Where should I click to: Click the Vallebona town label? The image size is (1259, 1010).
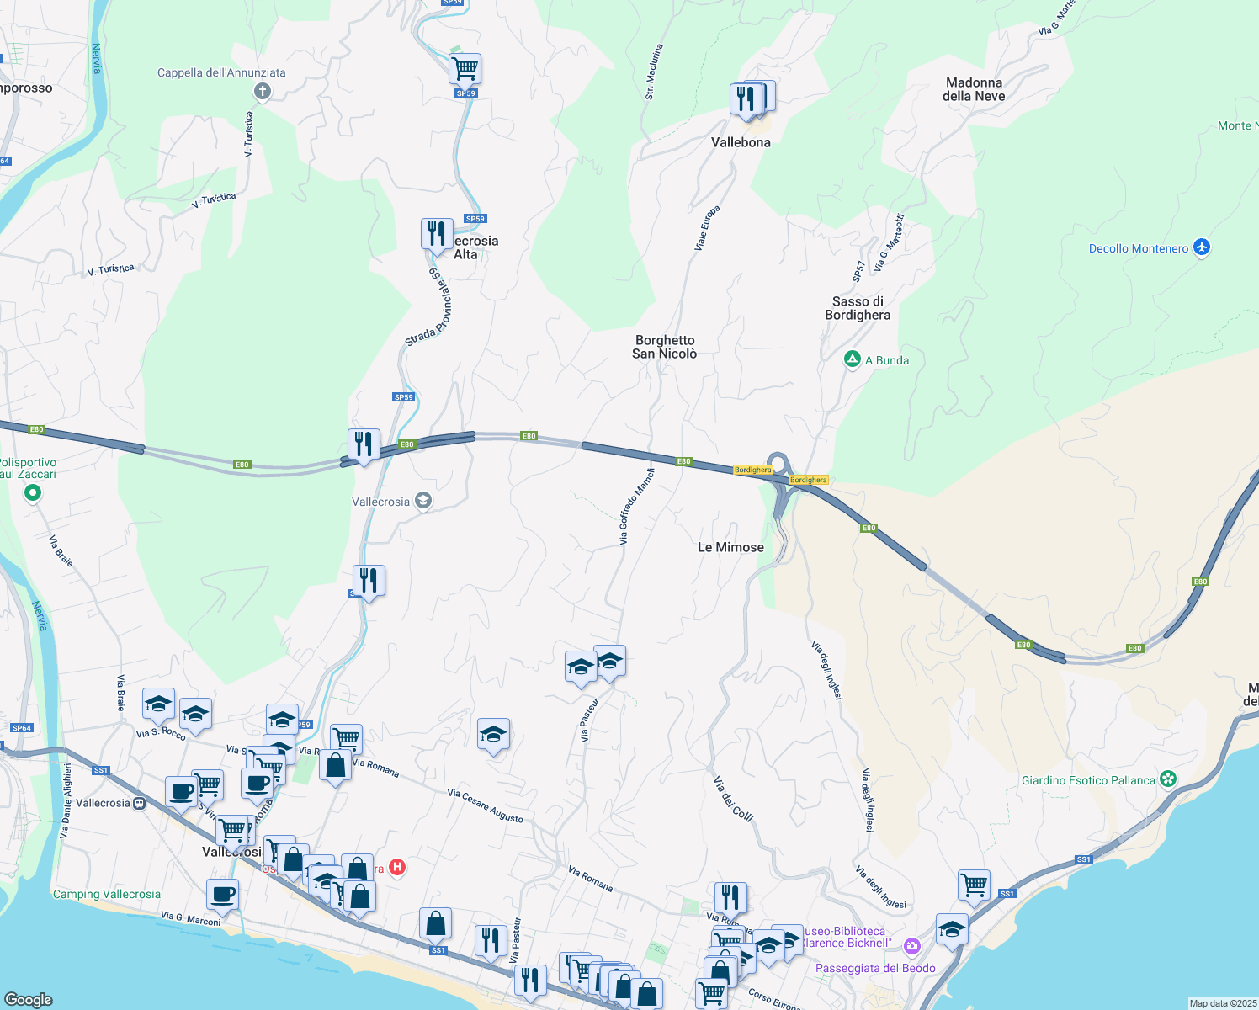[741, 142]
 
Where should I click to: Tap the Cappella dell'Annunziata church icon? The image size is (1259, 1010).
[262, 91]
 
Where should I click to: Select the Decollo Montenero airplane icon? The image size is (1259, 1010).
[1201, 247]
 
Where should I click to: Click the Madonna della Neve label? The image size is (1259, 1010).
[974, 89]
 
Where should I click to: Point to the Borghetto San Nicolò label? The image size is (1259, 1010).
[665, 347]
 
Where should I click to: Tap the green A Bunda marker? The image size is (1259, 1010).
[852, 360]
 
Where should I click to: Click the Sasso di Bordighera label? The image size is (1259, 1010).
[858, 308]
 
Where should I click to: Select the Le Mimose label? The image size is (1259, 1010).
[730, 547]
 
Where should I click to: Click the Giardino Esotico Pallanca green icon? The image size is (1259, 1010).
[1168, 779]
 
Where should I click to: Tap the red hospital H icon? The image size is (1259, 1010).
[397, 868]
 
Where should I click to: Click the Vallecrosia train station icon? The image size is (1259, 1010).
[140, 803]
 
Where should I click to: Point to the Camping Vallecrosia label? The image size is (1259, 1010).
[106, 894]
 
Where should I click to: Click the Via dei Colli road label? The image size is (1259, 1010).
[732, 799]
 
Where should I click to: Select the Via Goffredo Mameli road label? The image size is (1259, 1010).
[636, 507]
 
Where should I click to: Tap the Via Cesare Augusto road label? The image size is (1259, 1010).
[485, 806]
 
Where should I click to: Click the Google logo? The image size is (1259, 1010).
[28, 1000]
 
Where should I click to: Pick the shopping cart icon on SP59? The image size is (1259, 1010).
[464, 67]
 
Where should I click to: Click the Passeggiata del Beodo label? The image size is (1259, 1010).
[875, 968]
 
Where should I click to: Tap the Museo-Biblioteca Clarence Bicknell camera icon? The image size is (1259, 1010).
[911, 946]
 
